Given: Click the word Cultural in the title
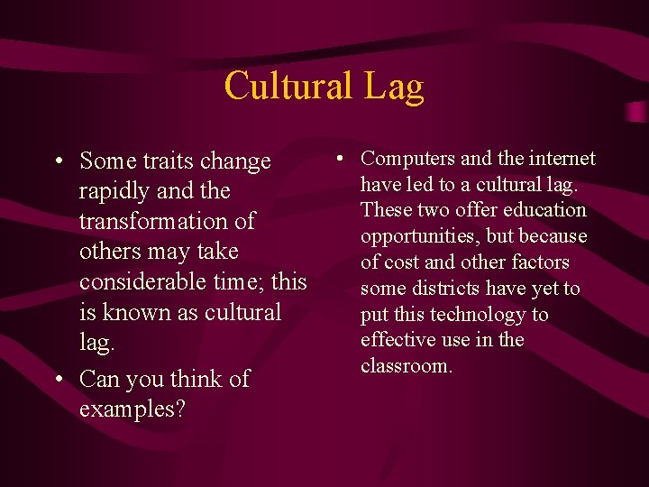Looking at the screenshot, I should pos(288,87).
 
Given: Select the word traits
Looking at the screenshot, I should pos(164,161).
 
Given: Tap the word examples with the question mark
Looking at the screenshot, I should pos(133,409).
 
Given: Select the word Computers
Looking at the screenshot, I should pos(408,159).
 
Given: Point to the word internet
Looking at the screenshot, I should pos(561,159).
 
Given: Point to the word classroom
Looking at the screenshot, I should pos(406,366).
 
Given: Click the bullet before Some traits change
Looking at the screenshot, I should pos(58,162).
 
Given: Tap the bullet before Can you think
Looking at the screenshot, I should pos(58,380).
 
